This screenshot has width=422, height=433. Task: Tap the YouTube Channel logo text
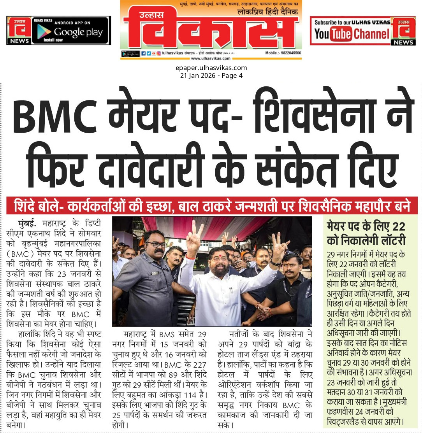352,34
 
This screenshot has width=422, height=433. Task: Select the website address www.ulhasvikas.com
211,58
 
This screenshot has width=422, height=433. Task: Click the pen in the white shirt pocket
231,289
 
